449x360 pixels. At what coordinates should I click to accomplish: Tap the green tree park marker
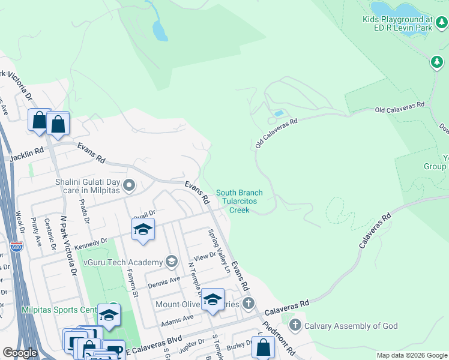[436, 62]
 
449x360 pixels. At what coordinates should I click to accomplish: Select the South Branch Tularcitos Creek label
[240, 201]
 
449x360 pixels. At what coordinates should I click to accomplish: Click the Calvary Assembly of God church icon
[295, 326]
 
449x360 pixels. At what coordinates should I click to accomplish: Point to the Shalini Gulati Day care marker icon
[129, 186]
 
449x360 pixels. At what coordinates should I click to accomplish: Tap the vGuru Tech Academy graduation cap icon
[172, 262]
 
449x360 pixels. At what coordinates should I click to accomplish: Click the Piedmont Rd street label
[282, 339]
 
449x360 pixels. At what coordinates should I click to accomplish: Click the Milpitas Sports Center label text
[59, 310]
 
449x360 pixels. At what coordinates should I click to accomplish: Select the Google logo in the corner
[20, 352]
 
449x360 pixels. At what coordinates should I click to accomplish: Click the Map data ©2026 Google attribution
[411, 355]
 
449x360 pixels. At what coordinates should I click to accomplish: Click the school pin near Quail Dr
[143, 230]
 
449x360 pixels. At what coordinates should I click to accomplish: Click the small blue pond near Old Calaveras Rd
[278, 113]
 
